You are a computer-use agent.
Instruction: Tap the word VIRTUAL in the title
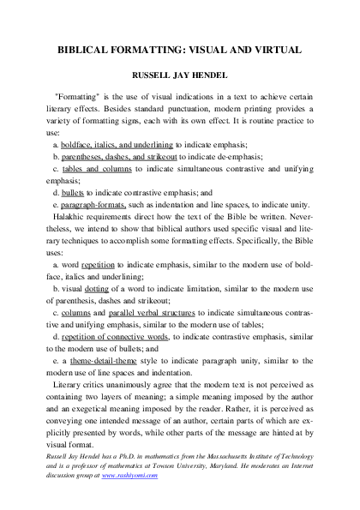pos(273,49)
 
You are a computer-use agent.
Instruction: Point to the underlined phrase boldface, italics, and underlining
pos(117,147)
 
